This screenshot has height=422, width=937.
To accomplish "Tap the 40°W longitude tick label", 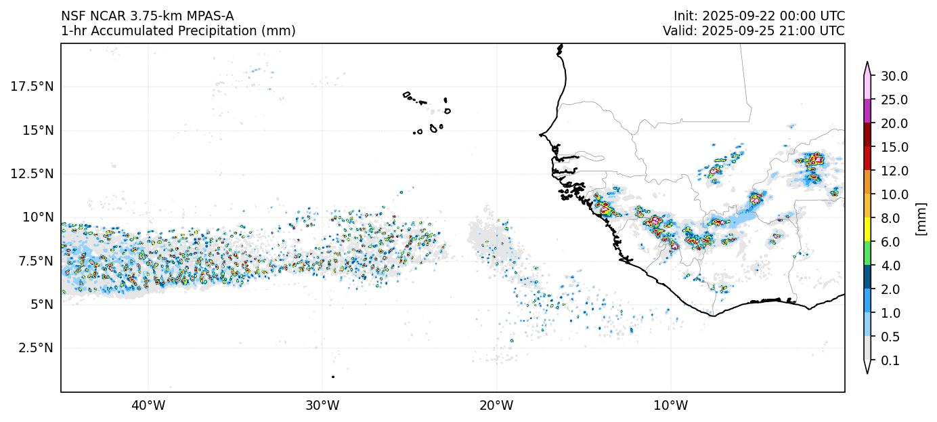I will (x=148, y=406).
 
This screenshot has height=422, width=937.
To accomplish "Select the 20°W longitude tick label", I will (x=496, y=406).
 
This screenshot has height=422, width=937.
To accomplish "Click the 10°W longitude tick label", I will (x=671, y=406).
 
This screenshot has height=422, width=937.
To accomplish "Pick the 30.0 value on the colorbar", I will (x=894, y=76).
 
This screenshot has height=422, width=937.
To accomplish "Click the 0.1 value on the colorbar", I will (x=890, y=361).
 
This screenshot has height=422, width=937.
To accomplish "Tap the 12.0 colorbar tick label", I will (x=894, y=171).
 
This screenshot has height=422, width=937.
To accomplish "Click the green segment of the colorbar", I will (x=867, y=254).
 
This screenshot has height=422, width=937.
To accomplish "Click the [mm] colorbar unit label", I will (x=920, y=218).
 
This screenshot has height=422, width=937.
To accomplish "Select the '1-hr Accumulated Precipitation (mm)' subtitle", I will (x=178, y=30).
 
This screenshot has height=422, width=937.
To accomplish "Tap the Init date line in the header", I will (x=759, y=16).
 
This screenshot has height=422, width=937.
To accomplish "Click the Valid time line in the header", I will (x=754, y=30).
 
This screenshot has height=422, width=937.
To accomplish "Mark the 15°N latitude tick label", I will (x=37, y=129).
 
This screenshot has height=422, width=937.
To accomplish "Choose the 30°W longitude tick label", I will (x=322, y=406).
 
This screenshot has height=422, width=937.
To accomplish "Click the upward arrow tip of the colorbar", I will (x=867, y=64).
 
